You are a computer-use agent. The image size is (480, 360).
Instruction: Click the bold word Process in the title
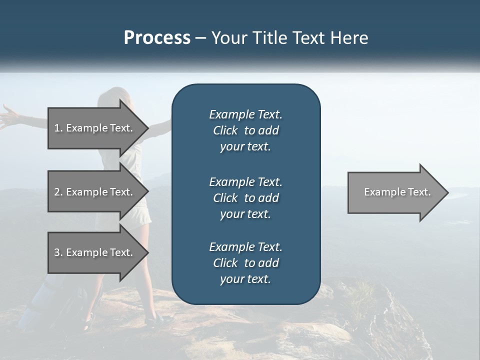click(157, 37)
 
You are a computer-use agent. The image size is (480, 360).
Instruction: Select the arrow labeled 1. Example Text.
click(95, 128)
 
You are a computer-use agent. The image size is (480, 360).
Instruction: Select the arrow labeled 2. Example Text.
click(95, 192)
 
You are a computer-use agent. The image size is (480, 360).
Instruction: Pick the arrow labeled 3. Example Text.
click(95, 252)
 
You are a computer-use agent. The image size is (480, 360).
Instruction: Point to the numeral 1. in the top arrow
click(58, 128)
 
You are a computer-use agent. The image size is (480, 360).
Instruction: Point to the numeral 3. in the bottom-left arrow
click(58, 252)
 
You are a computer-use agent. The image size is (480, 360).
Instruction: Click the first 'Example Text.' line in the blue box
click(245, 114)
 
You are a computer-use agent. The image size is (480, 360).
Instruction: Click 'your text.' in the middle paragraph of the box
click(245, 214)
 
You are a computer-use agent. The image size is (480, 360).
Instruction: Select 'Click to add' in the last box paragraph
click(245, 263)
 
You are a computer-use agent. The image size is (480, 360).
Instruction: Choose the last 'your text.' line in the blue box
click(245, 279)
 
